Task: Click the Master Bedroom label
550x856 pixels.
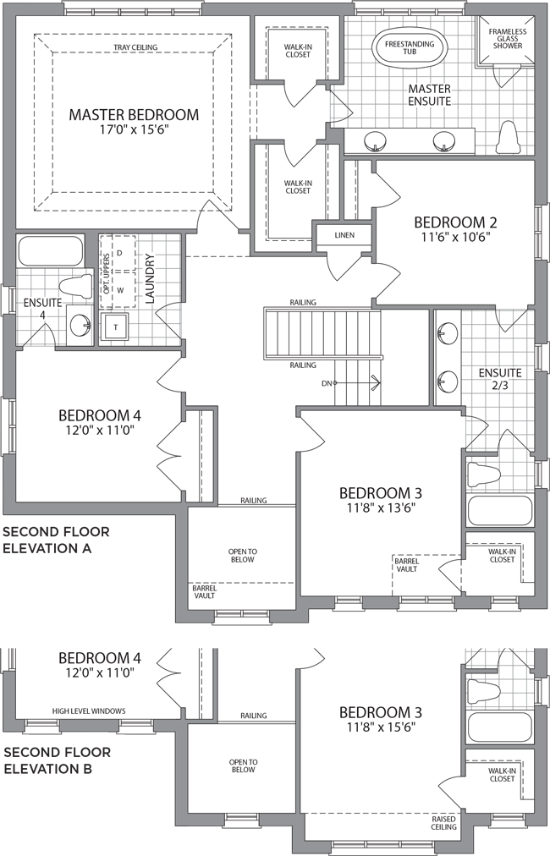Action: (x=134, y=115)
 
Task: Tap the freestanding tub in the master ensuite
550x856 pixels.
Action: (x=410, y=47)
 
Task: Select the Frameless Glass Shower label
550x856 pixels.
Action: (x=508, y=39)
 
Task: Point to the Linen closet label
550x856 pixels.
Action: (x=344, y=235)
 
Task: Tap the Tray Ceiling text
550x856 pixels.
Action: (x=135, y=47)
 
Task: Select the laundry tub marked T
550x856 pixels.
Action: (x=115, y=327)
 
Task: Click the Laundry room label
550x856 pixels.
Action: (x=151, y=278)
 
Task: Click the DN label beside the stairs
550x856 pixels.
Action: (x=327, y=383)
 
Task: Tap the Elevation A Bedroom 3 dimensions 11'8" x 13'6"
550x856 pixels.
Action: (x=381, y=508)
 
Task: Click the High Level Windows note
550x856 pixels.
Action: (x=89, y=711)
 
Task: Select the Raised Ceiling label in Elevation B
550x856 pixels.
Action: (x=443, y=823)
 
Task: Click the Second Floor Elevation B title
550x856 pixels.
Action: (x=58, y=760)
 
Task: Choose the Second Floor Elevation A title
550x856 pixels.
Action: (x=56, y=540)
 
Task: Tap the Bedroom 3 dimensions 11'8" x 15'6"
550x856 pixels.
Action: (x=381, y=727)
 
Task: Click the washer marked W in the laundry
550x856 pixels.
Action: (x=119, y=290)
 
